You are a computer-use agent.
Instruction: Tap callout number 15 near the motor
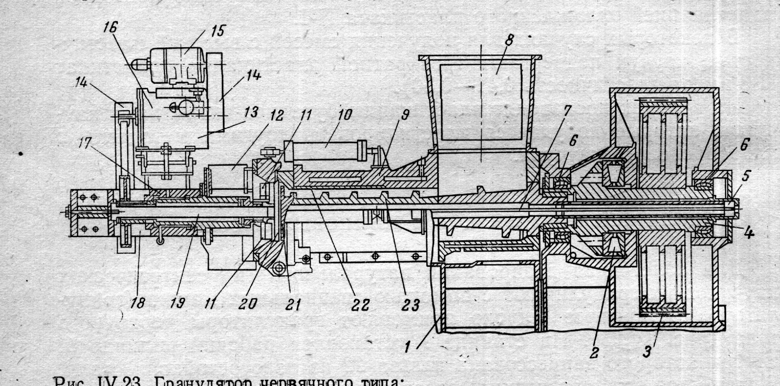click(x=217, y=31)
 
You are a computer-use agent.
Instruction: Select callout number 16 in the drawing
click(x=110, y=27)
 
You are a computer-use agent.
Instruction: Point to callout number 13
click(x=251, y=112)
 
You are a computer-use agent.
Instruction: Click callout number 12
click(x=277, y=115)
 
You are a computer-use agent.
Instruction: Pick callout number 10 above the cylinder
click(x=344, y=115)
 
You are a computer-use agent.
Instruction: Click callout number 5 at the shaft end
click(x=746, y=176)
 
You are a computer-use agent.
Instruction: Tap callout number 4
click(x=748, y=233)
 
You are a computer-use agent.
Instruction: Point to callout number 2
click(x=594, y=352)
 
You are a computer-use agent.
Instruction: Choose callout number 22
click(x=361, y=305)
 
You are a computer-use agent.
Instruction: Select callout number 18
click(x=138, y=303)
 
